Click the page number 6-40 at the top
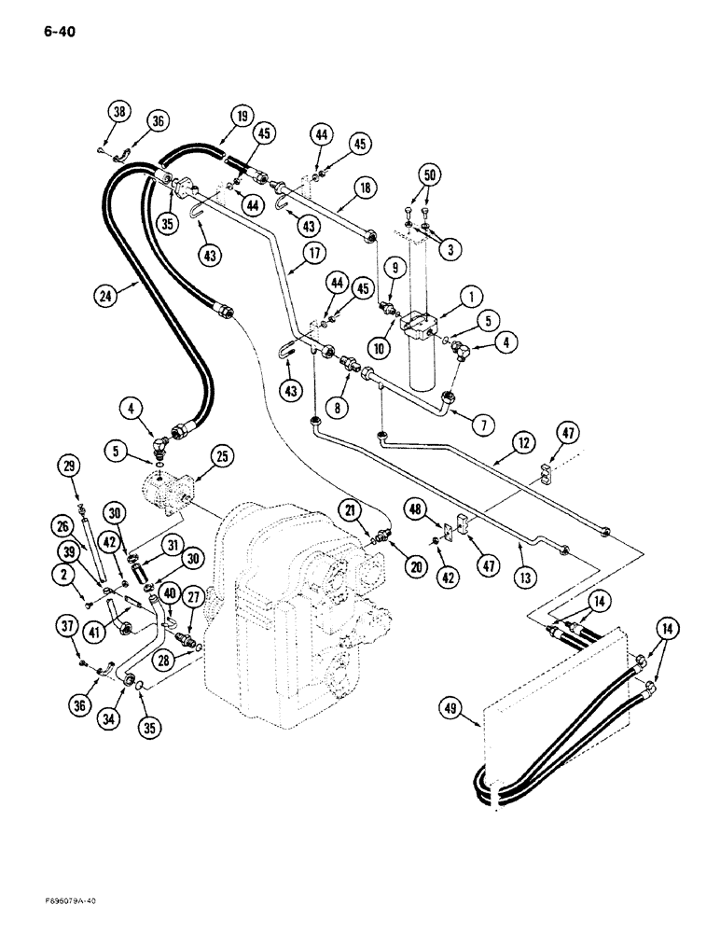tap(58, 32)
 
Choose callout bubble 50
tap(429, 174)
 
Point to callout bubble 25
tap(221, 455)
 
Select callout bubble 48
tap(415, 508)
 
